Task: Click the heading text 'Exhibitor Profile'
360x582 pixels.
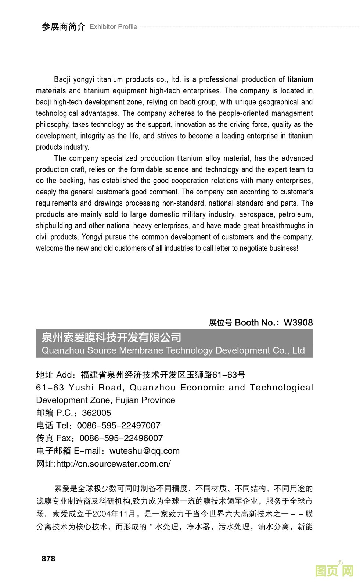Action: tap(113, 27)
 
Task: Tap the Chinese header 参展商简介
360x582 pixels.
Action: tap(63, 27)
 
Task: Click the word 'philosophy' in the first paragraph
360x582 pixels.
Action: tap(52, 125)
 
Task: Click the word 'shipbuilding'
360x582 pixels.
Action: tap(54, 226)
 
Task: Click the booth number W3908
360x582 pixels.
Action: tap(298, 322)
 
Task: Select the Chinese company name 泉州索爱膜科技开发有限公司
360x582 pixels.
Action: tap(111, 337)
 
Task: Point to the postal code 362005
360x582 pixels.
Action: tap(96, 413)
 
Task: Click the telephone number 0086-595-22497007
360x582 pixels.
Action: tap(119, 426)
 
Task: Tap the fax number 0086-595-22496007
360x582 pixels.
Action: tap(121, 438)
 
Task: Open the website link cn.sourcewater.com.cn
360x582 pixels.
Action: tap(113, 464)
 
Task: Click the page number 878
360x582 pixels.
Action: tap(48, 558)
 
